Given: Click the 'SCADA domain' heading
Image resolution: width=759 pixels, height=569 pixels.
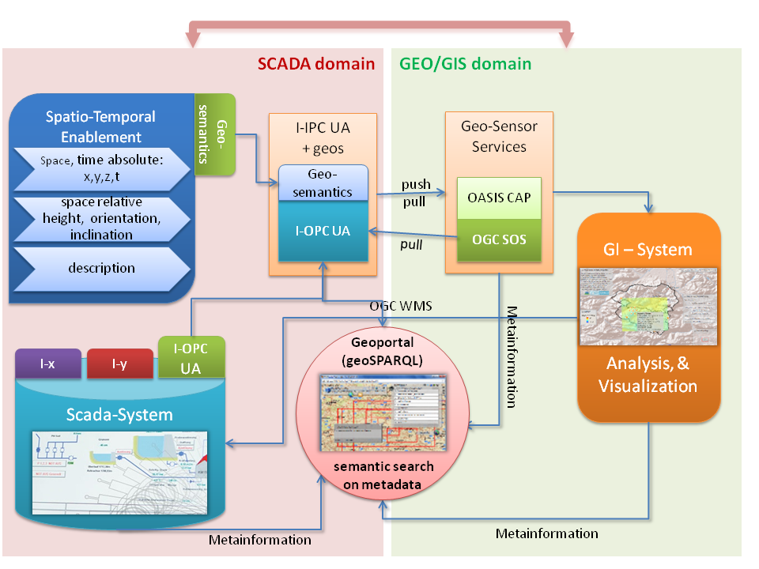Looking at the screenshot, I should [x=315, y=63].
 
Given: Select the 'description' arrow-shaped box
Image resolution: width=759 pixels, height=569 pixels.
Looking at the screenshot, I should [x=101, y=269].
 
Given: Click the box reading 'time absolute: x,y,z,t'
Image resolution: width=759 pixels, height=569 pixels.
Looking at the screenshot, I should [x=101, y=168].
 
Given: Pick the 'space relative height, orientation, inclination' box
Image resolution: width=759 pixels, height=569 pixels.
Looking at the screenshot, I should [x=101, y=219].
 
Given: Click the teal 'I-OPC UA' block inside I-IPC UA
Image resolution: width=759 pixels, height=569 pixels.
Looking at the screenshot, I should [x=323, y=232].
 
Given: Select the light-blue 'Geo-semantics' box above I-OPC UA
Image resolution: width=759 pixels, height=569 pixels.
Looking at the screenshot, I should [x=323, y=183].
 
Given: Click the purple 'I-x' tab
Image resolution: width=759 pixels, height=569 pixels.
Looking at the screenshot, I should [x=47, y=364].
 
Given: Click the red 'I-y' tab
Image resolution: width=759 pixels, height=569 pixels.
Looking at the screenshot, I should [x=119, y=364].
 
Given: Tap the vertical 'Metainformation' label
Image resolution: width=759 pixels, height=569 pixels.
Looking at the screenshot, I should [x=511, y=356].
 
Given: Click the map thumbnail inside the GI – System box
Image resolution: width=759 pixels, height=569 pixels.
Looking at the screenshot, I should [x=648, y=306].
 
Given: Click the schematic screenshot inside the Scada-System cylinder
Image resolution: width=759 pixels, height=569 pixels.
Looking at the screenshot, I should [x=119, y=472].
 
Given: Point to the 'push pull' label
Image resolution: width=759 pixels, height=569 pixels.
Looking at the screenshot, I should [x=416, y=192].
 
